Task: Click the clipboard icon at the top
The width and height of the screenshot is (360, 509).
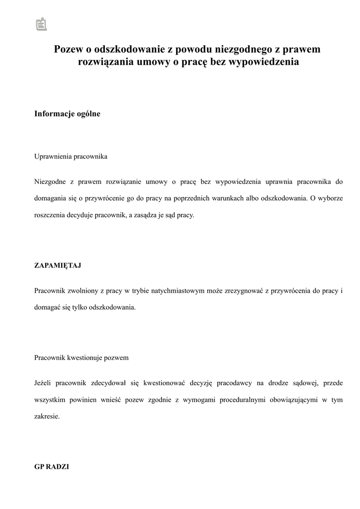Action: click(41, 24)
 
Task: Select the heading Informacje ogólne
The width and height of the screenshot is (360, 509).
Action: click(67, 114)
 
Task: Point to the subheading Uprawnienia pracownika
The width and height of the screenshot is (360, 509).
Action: click(71, 157)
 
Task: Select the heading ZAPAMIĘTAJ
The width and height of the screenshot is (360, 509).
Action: click(58, 265)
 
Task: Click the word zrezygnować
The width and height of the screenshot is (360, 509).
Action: click(241, 290)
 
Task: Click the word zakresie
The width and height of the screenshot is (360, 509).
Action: click(47, 417)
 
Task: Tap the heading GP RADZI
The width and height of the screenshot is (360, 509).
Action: click(52, 467)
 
